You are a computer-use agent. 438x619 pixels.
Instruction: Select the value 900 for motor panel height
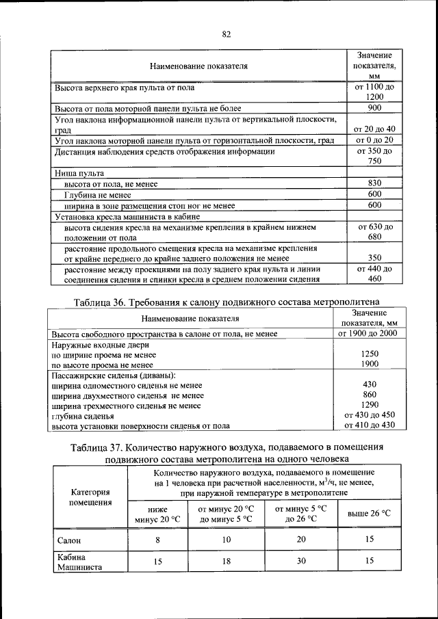click(x=374, y=108)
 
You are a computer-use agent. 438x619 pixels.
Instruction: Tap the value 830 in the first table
click(x=374, y=183)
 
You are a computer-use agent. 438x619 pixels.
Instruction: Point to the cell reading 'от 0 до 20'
click(x=374, y=140)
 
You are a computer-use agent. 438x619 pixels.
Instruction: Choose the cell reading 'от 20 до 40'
click(x=374, y=129)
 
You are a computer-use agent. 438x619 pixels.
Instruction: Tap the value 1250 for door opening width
click(x=370, y=354)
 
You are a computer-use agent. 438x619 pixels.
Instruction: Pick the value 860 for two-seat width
click(x=370, y=395)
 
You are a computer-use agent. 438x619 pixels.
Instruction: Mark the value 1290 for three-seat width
click(x=370, y=405)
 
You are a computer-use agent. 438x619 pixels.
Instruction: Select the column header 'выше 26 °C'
click(x=369, y=513)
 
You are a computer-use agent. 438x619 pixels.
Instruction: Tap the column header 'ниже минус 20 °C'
click(x=157, y=513)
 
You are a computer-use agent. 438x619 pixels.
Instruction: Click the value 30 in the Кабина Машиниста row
click(x=300, y=562)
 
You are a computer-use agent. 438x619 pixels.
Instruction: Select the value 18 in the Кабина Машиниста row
click(x=226, y=562)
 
